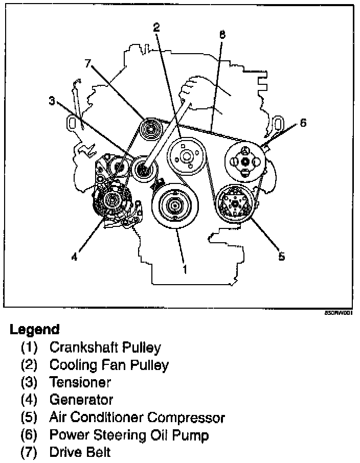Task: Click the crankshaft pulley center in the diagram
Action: [174, 205]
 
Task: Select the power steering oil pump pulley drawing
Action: [244, 161]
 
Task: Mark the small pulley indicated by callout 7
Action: [151, 128]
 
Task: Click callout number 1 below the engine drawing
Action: [185, 267]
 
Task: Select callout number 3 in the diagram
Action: [52, 101]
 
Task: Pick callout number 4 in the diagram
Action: [74, 258]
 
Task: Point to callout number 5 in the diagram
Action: [281, 257]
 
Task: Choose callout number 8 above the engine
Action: [221, 35]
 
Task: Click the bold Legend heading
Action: [34, 330]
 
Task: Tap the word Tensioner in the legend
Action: [80, 382]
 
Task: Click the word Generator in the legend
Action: [81, 399]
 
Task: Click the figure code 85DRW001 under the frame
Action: [339, 311]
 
